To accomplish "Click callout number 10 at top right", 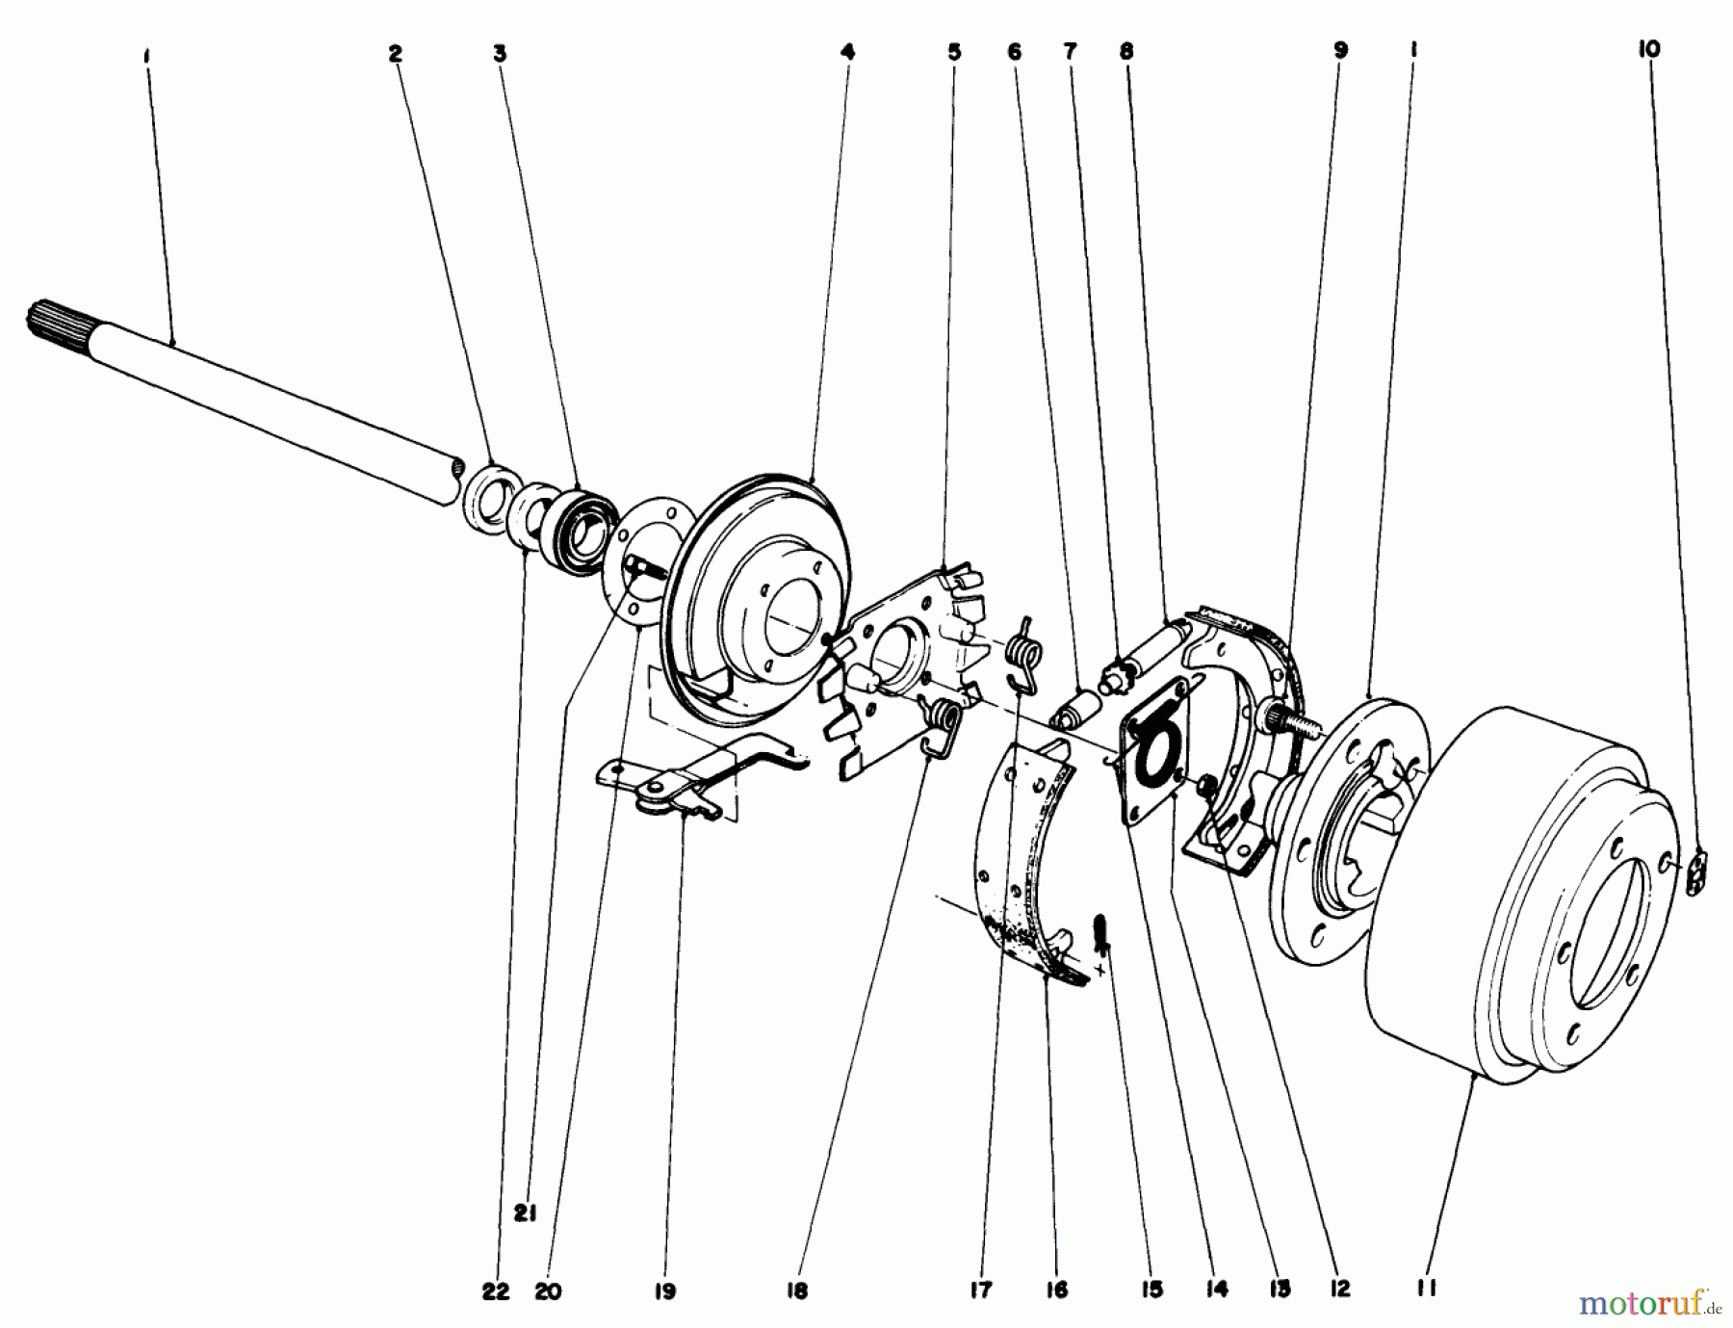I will tap(1649, 49).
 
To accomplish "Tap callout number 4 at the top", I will tap(847, 54).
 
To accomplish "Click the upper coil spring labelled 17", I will tap(1024, 651).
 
